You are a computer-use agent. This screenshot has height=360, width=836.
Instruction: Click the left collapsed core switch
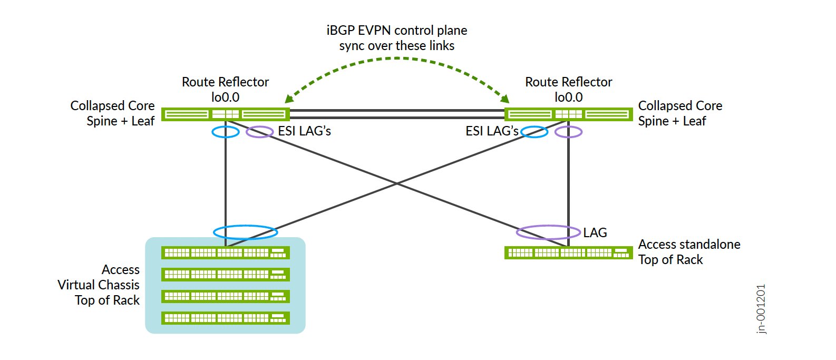(x=225, y=114)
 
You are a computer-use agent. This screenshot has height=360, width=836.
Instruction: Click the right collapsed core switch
(x=568, y=114)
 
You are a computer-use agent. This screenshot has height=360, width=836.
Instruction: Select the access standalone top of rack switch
(x=568, y=252)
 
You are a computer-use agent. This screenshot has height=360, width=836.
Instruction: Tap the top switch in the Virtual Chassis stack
(x=225, y=252)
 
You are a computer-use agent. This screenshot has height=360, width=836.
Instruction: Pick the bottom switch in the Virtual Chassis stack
(x=225, y=318)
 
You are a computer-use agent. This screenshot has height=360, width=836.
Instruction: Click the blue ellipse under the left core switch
(x=226, y=132)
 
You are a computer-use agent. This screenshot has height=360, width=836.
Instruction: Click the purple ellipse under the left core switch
(x=259, y=132)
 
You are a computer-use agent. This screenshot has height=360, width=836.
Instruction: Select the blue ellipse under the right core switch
(x=534, y=132)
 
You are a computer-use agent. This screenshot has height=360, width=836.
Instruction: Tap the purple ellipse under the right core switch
(x=569, y=132)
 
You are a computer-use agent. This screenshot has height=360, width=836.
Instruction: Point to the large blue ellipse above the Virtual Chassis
(x=245, y=232)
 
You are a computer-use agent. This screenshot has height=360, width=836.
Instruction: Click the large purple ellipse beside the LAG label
(x=548, y=232)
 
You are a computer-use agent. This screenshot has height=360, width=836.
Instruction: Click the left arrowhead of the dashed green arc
(x=289, y=99)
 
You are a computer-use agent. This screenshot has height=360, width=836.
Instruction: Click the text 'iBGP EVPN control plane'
(x=396, y=31)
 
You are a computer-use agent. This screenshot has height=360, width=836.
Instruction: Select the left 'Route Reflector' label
(x=225, y=82)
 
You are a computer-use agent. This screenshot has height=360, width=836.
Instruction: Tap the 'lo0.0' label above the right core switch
(x=568, y=98)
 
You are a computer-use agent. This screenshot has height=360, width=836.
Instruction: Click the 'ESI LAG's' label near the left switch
(x=304, y=131)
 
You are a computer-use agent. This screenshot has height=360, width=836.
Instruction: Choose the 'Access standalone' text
(x=689, y=245)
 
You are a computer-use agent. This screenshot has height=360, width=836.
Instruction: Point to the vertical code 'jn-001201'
(x=761, y=309)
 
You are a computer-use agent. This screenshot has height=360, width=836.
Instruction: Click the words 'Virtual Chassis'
(x=99, y=285)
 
